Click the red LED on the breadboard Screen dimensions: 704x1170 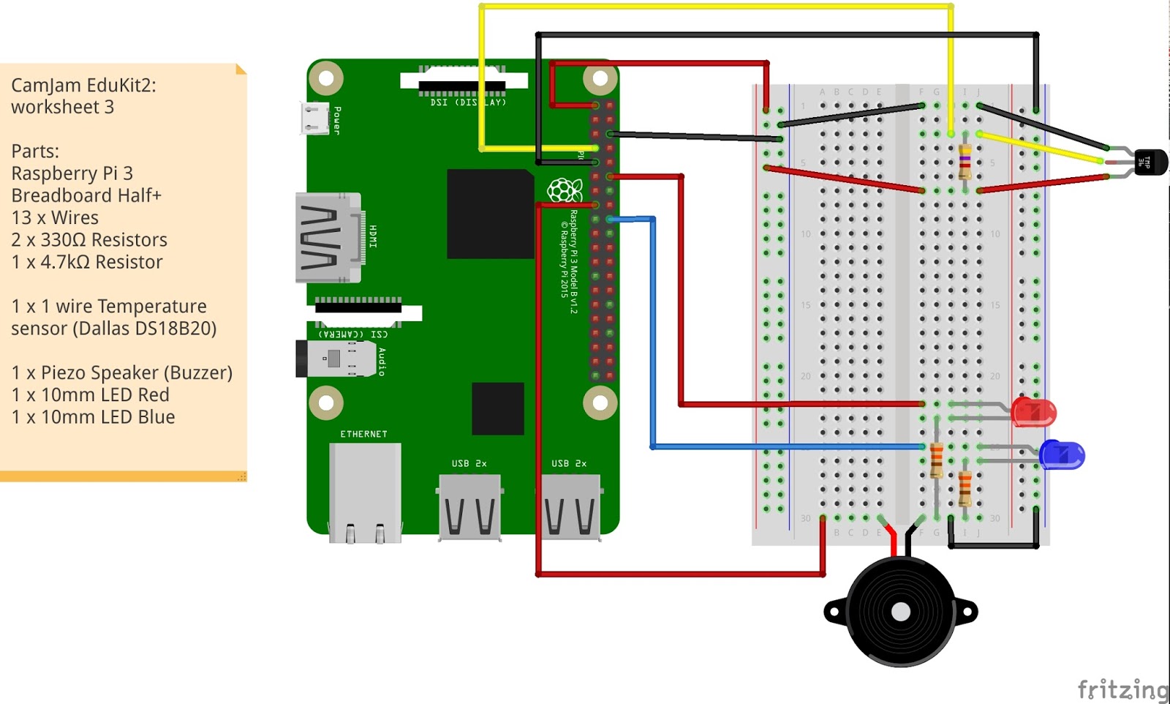[1034, 413]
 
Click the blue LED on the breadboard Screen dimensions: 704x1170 [1062, 455]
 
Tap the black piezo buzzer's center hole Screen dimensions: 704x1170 [900, 612]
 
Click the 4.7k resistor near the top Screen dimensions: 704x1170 [965, 161]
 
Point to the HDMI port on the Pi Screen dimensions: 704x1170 [328, 238]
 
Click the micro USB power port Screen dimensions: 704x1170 [316, 119]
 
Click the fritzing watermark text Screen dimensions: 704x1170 [1122, 689]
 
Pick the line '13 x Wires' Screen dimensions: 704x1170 [55, 217]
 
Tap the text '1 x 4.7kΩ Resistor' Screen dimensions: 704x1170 [87, 262]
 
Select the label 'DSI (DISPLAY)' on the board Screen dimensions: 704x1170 [468, 102]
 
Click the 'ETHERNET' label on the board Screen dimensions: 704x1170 [363, 434]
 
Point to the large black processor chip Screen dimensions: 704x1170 [490, 214]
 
